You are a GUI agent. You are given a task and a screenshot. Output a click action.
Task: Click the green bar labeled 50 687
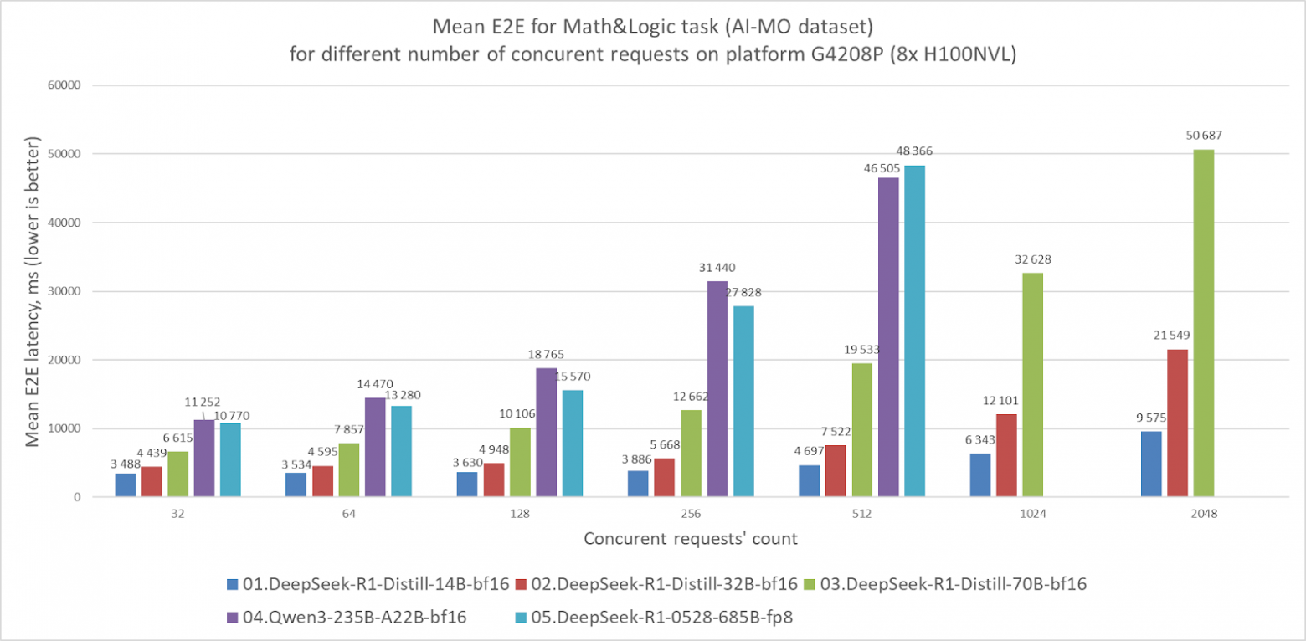tap(1203, 323)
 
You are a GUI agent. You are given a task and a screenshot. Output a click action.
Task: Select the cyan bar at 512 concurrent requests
tap(913, 331)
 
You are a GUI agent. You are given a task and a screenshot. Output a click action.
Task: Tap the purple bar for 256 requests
tap(717, 389)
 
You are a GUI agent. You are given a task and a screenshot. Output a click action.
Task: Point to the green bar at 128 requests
tap(520, 463)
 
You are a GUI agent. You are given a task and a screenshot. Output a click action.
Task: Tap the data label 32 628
tap(1032, 259)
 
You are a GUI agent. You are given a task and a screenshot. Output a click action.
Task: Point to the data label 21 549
tap(1171, 335)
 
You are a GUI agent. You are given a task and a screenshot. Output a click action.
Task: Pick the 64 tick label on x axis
tap(348, 515)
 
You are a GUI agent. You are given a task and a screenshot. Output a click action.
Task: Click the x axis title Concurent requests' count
tap(690, 539)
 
